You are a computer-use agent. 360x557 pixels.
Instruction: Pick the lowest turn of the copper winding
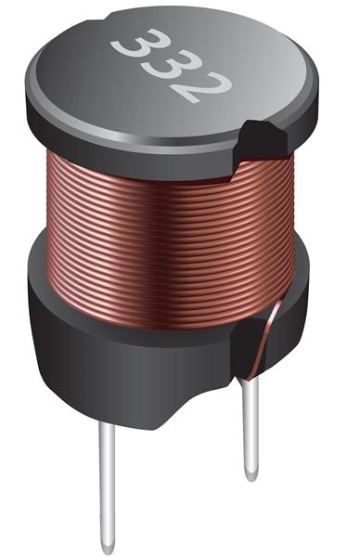[148, 288]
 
